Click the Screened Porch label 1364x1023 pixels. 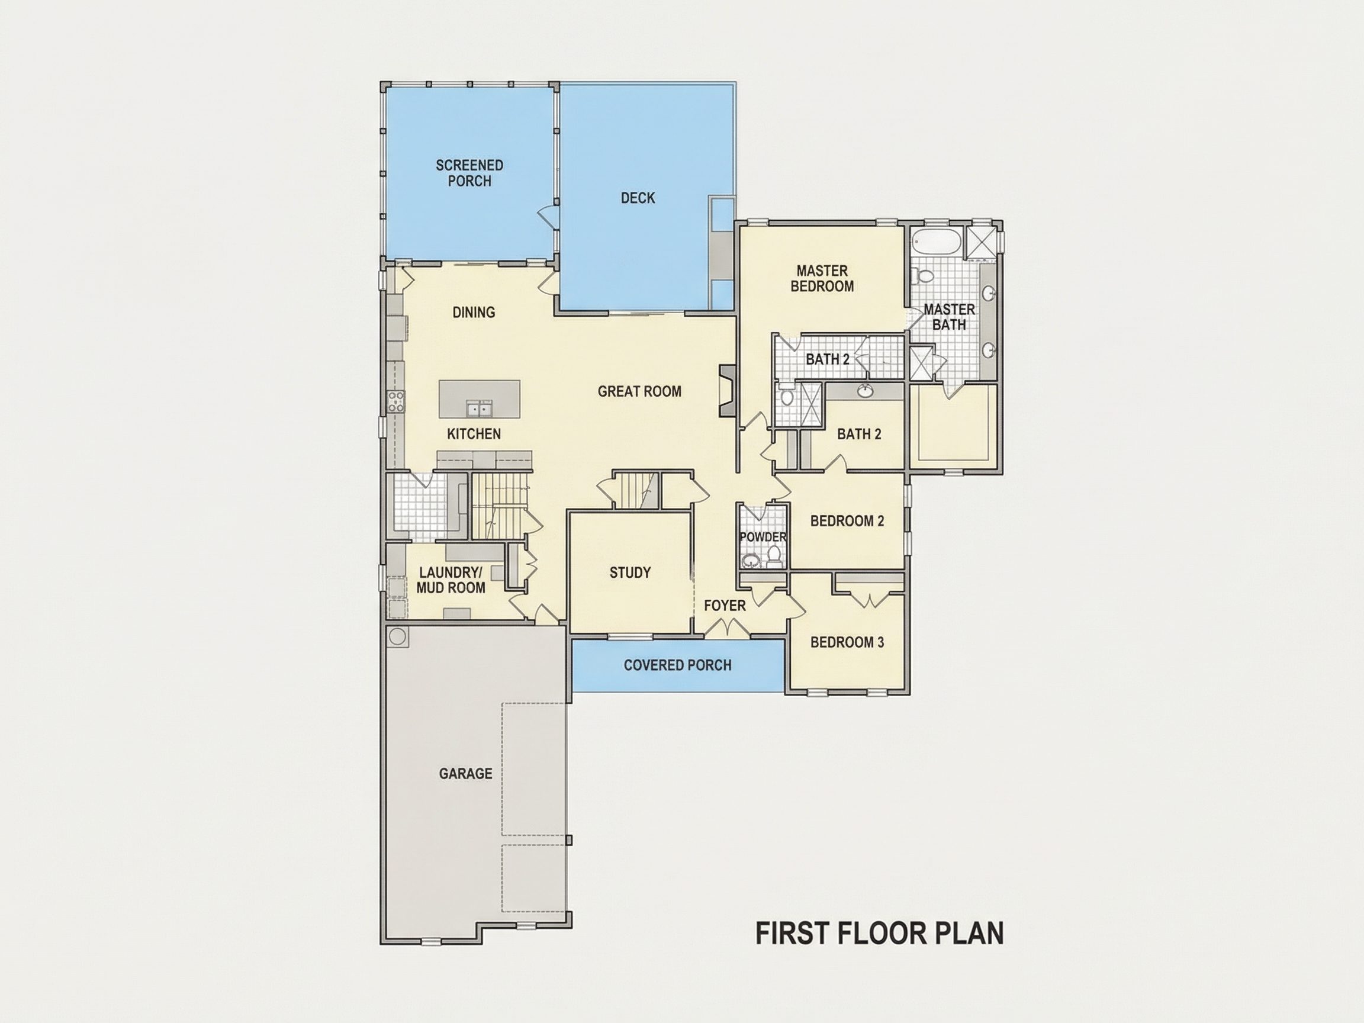pyautogui.click(x=469, y=173)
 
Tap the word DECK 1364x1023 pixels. pyautogui.click(x=638, y=198)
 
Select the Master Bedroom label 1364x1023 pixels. pyautogui.click(x=822, y=278)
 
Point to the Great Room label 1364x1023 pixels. pyautogui.click(x=639, y=391)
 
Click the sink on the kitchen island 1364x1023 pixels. pyautogui.click(x=479, y=408)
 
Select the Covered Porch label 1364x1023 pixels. pyautogui.click(x=678, y=665)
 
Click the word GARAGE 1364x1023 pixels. pyautogui.click(x=465, y=773)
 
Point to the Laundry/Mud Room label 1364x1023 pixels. pyautogui.click(x=451, y=580)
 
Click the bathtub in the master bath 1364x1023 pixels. pyautogui.click(x=937, y=242)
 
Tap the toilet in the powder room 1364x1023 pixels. pyautogui.click(x=774, y=557)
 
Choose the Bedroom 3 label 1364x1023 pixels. pyautogui.click(x=847, y=642)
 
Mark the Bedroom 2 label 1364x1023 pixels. pyautogui.click(x=847, y=521)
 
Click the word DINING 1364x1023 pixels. pyautogui.click(x=474, y=312)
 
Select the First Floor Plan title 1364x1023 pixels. pyautogui.click(x=880, y=933)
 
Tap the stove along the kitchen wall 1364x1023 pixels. pyautogui.click(x=395, y=401)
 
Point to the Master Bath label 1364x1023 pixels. pyautogui.click(x=949, y=316)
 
